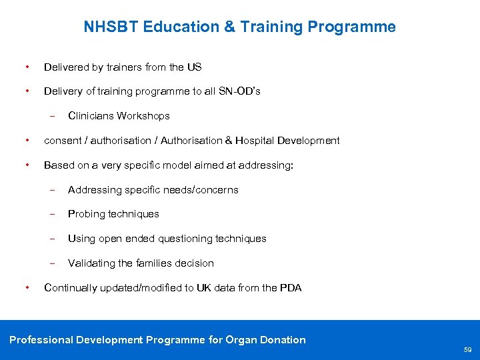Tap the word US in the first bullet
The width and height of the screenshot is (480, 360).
[194, 67]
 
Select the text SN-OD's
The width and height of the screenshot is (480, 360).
[239, 91]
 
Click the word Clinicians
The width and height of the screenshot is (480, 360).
[91, 116]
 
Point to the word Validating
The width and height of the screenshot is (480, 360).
[91, 263]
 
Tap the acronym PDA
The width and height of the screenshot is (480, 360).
[291, 288]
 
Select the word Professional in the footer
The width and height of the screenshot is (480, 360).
[41, 340]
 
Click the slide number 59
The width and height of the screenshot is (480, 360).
[467, 350]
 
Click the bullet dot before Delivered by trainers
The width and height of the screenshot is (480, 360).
[26, 67]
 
